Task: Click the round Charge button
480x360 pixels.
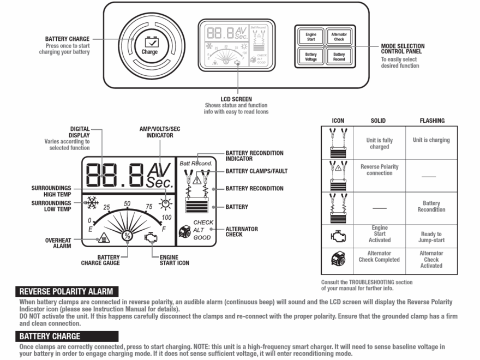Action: tap(149, 45)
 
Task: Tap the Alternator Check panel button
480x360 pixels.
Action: tap(339, 37)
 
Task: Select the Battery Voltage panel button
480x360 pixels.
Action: tap(311, 57)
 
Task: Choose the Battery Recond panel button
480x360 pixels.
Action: tap(339, 57)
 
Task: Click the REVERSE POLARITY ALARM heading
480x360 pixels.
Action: tap(66, 291)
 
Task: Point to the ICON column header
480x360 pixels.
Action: tap(338, 121)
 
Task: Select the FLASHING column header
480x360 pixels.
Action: tap(432, 121)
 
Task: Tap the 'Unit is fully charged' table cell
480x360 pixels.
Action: tap(380, 143)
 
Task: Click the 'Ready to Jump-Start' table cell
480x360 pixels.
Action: tap(431, 237)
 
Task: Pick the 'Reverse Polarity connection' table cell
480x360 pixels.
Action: tap(380, 170)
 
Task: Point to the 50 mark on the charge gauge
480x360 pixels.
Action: tap(127, 203)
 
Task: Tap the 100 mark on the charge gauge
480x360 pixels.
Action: tap(167, 218)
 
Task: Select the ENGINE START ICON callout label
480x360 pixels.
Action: tap(175, 260)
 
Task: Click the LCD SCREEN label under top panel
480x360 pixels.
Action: tap(237, 99)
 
